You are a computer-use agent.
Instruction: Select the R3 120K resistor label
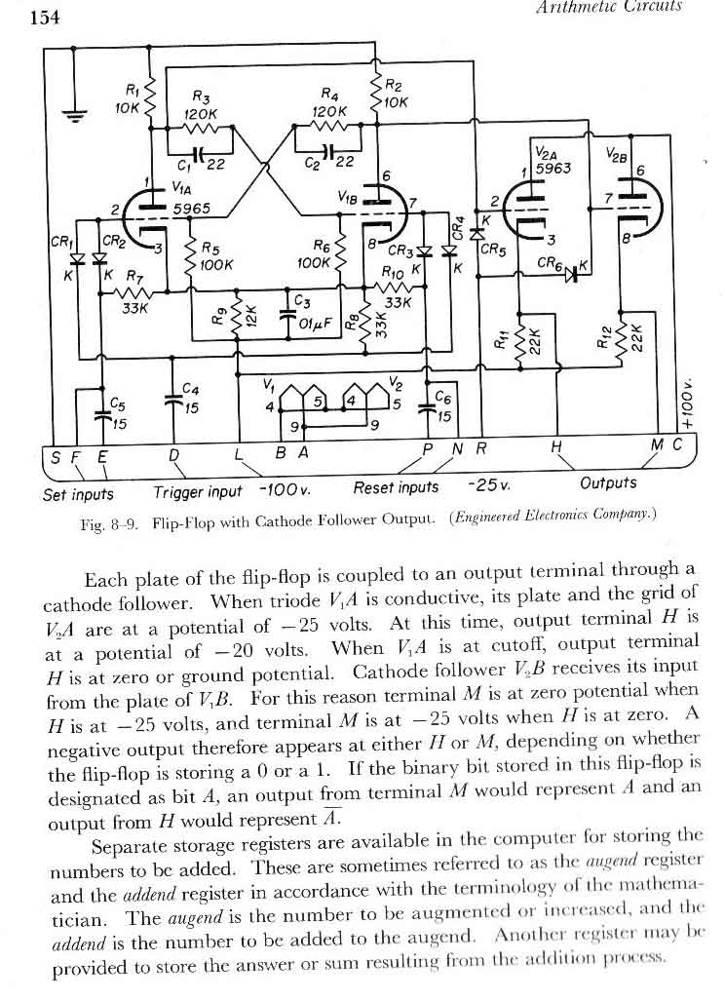[x=201, y=104]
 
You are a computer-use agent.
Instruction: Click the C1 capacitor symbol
[x=200, y=154]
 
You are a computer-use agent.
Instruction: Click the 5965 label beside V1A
[x=192, y=208]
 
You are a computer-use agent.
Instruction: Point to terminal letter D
[x=173, y=455]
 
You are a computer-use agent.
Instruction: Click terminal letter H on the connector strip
[x=556, y=446]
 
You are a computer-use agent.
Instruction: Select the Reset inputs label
[x=396, y=486]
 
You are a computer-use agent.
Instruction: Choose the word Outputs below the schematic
[x=607, y=482]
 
